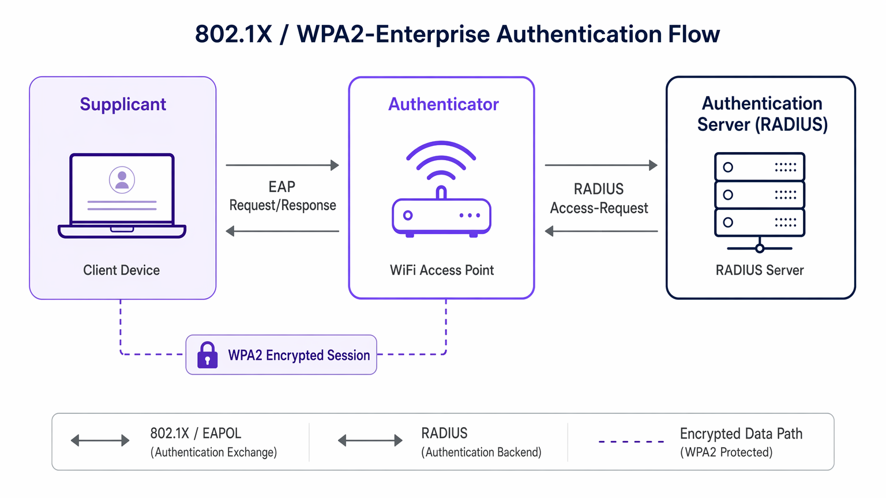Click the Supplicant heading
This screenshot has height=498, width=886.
coord(123,104)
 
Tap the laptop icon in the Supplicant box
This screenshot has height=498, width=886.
coord(122,196)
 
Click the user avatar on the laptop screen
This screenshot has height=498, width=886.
coord(122,180)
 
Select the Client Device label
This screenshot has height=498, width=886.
coord(121,270)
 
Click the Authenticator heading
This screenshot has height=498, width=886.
coord(443,104)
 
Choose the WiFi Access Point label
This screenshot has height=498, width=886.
coord(442,270)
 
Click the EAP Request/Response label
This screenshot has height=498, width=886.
coord(282,197)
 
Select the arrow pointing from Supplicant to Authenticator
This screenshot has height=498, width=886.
coord(282,165)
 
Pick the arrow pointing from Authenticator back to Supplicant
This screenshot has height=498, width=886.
coord(282,231)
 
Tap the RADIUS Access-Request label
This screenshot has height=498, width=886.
coord(599,199)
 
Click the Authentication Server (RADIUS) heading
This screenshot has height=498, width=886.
coord(762,114)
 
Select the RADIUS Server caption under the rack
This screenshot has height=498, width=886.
coord(760,270)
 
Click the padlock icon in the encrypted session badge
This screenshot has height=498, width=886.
coord(208,355)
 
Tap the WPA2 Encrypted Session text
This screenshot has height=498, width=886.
coord(299,355)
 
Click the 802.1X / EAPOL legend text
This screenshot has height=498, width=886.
coord(196,433)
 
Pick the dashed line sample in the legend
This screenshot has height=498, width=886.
coord(631,442)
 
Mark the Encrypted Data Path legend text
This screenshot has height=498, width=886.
coord(741,434)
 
